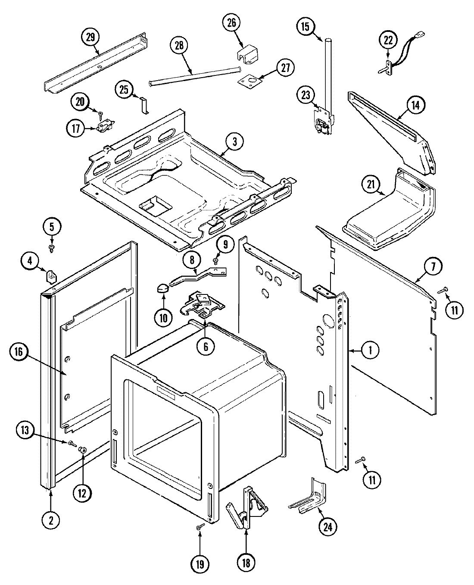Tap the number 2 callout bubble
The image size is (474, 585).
click(51, 520)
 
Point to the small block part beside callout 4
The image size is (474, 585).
click(52, 274)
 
